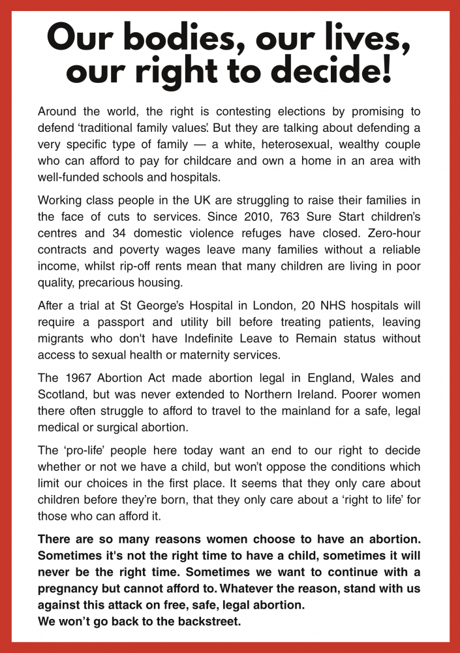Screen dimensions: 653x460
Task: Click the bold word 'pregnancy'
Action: coord(69,588)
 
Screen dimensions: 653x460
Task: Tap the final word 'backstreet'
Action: coord(207,621)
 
